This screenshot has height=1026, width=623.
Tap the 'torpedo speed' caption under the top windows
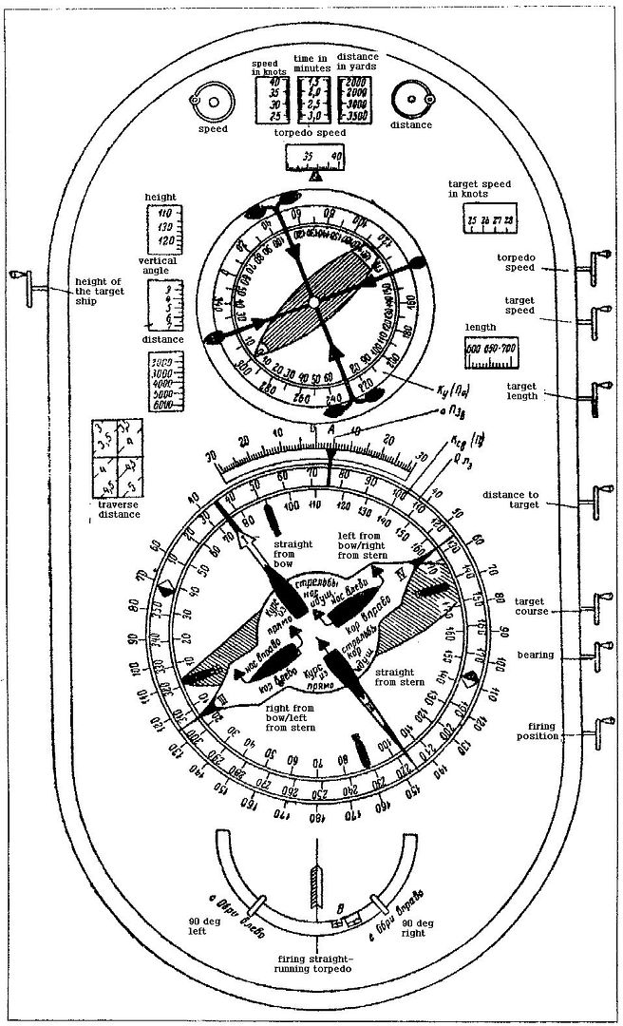[x=311, y=133]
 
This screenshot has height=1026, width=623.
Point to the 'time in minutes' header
[x=311, y=63]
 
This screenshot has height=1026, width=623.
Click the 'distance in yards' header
[x=357, y=63]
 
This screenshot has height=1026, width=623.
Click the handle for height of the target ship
[x=22, y=275]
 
